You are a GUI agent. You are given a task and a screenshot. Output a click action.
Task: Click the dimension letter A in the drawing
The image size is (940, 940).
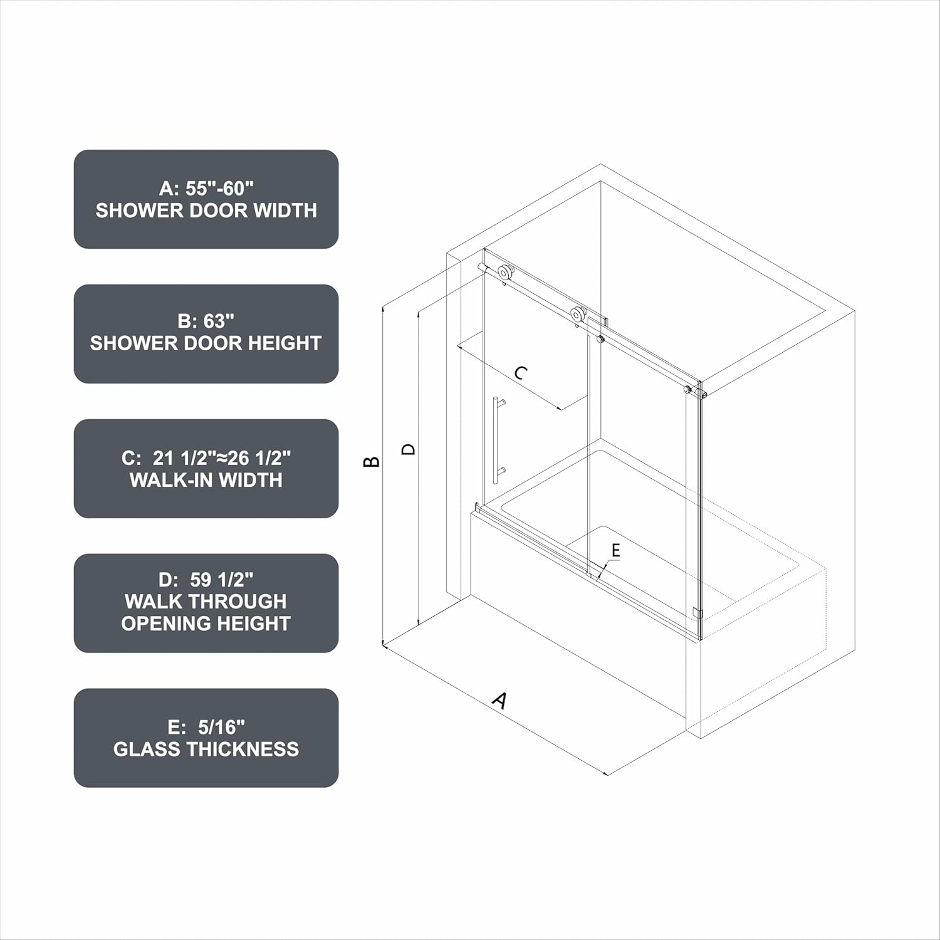tap(499, 700)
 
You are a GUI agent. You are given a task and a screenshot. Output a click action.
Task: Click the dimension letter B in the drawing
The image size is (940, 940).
tap(372, 461)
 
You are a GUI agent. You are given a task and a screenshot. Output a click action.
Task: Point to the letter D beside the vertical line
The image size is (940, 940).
tap(408, 449)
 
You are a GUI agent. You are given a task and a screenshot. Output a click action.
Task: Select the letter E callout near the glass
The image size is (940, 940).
tap(615, 550)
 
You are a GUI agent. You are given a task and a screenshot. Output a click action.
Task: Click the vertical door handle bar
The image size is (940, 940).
tap(496, 440)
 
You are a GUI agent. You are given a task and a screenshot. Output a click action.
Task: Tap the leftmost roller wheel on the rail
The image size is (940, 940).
tap(504, 273)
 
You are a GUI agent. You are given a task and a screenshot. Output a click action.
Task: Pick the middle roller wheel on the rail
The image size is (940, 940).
tap(578, 315)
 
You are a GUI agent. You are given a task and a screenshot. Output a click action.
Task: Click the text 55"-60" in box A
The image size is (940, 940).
tap(219, 188)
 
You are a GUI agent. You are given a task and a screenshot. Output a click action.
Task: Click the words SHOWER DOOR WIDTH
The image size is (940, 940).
tap(206, 211)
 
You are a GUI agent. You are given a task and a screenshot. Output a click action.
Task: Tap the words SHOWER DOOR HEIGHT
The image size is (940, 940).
tap(206, 343)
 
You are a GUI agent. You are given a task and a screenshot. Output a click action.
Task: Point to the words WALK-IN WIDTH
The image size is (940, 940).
tap(206, 480)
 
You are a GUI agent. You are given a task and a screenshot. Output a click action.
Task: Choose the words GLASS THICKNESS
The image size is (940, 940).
tap(206, 749)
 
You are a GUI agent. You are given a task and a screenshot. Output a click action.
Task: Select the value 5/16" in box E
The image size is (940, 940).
tap(221, 727)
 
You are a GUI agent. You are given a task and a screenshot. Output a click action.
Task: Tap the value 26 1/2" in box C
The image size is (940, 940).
tap(259, 458)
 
